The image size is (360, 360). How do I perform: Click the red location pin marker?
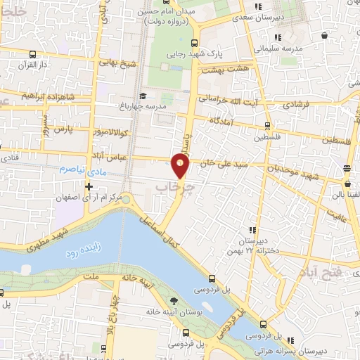[x=181, y=166]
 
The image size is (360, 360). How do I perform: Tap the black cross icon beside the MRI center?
[x=88, y=187]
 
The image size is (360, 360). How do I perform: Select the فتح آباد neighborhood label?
[x=323, y=271]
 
